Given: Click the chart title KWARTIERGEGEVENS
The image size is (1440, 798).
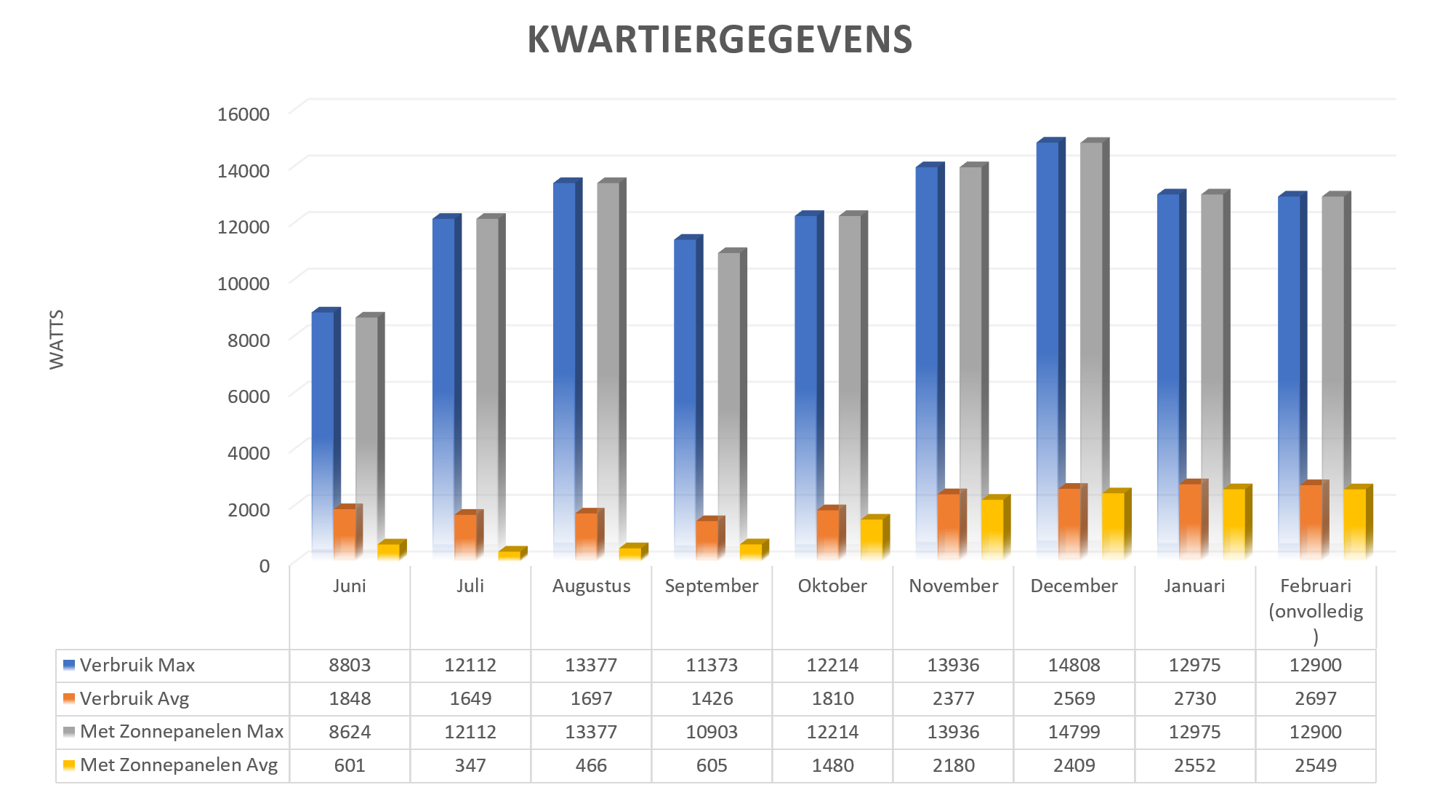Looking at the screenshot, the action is click(720, 39).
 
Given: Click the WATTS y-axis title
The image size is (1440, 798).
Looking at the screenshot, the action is click(57, 340).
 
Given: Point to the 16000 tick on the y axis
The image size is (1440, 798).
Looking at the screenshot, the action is click(244, 113).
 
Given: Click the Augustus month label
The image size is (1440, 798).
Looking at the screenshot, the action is click(592, 586).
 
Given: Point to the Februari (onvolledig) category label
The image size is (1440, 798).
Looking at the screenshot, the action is click(1316, 611).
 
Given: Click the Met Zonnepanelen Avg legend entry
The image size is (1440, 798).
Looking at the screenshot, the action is click(171, 765).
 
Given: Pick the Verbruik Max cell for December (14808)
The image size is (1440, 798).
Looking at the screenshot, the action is click(1074, 665).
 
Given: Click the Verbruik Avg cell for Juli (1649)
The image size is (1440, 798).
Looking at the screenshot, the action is click(470, 698).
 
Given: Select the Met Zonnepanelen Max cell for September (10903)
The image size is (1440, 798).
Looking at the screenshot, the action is click(712, 732).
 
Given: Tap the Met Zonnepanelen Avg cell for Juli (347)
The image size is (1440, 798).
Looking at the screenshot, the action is click(470, 765).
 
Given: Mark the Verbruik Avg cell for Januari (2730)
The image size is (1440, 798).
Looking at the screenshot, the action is click(1195, 698).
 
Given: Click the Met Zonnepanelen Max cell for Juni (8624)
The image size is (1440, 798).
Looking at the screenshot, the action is click(350, 732).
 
